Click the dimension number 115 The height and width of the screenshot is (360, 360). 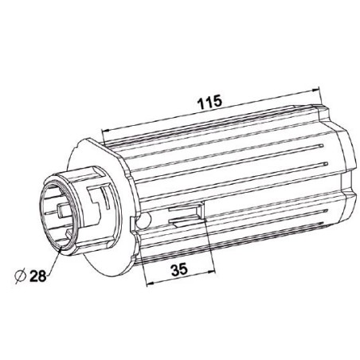pyautogui.click(x=208, y=102)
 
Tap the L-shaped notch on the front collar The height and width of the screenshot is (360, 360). pyautogui.click(x=100, y=198)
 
